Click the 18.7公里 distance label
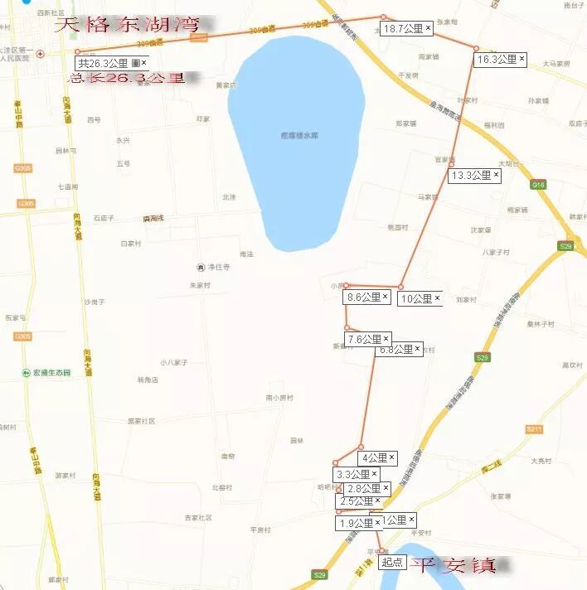[x=407, y=29]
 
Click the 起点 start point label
[x=392, y=562]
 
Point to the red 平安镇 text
[x=454, y=566]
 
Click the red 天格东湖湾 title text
[x=129, y=25]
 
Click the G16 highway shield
[x=537, y=185]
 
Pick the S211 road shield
[x=534, y=429]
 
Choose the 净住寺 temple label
[x=217, y=267]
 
